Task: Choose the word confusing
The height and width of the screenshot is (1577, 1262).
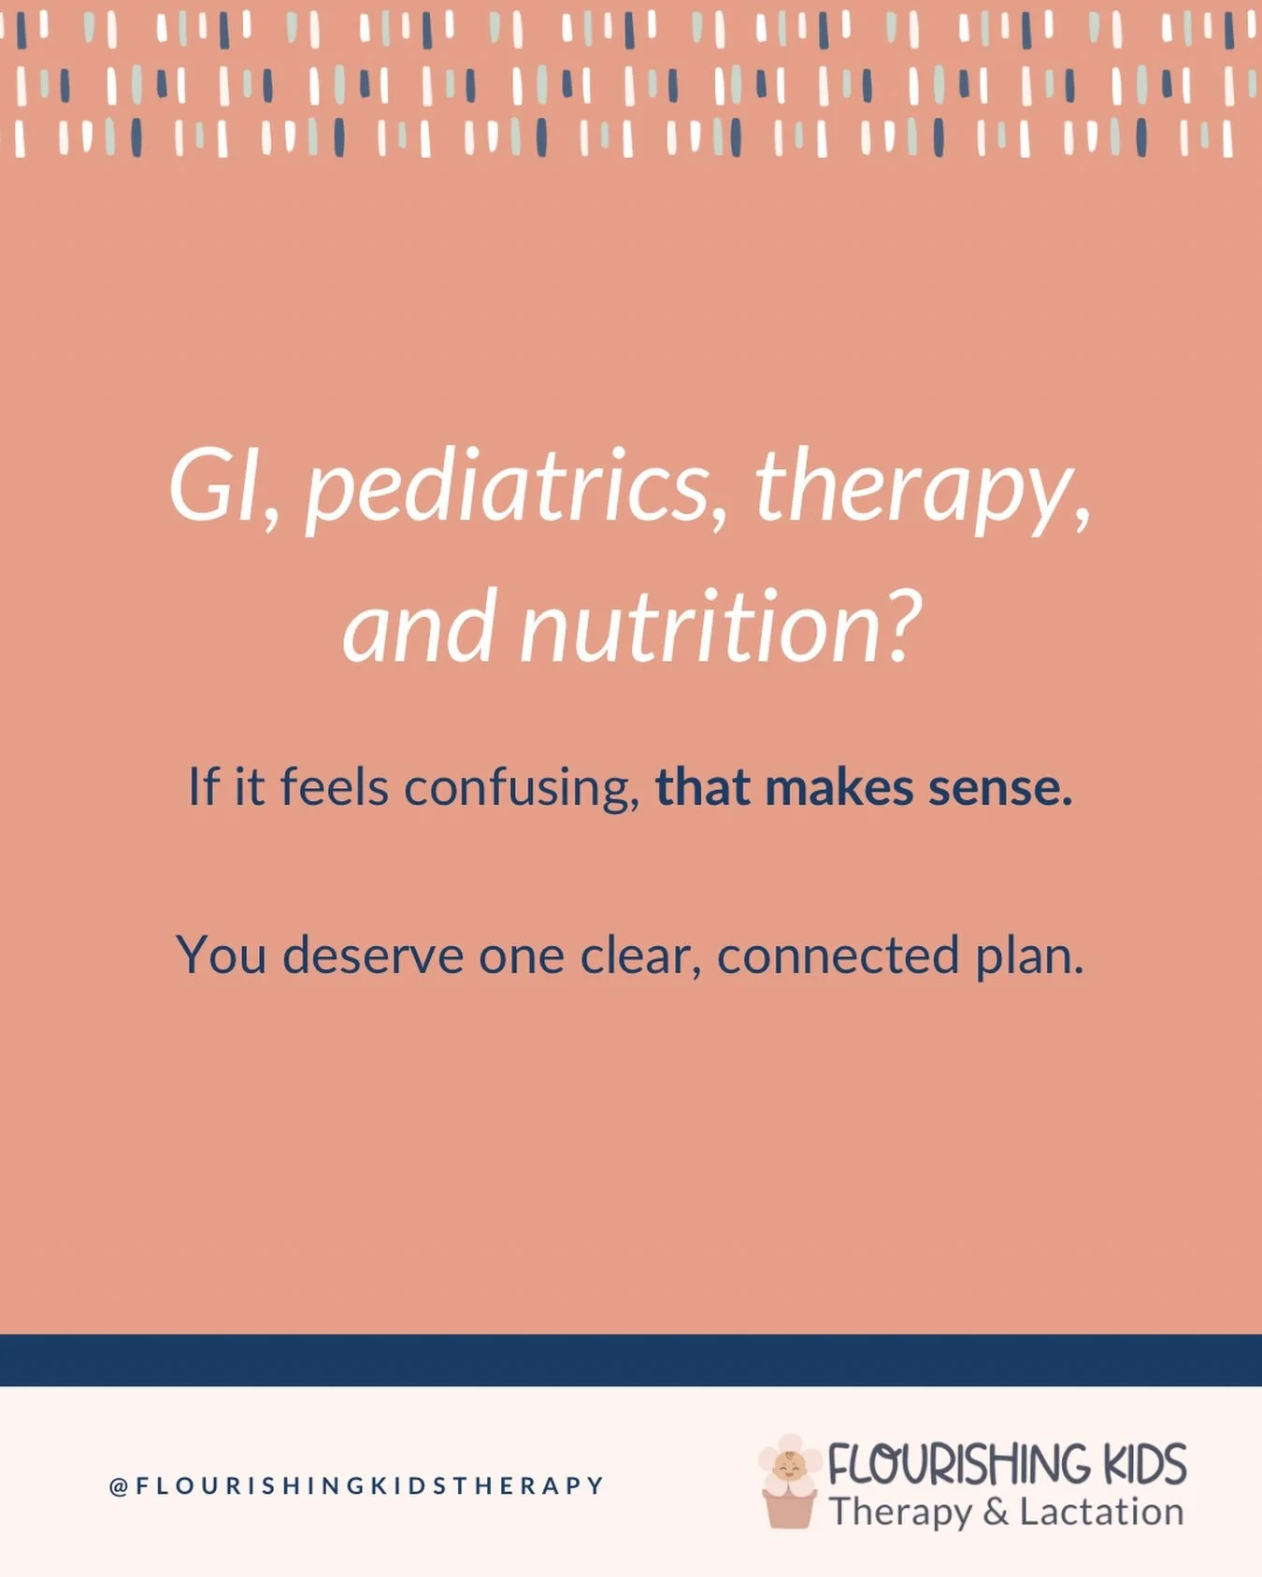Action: [x=520, y=787]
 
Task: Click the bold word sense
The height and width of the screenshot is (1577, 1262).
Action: [x=999, y=787]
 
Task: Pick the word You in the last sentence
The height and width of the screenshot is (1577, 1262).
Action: [x=221, y=955]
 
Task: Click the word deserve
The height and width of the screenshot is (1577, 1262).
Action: [x=373, y=955]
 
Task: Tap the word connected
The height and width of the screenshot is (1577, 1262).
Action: [x=838, y=955]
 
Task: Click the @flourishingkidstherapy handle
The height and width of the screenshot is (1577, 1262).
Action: [x=356, y=1485]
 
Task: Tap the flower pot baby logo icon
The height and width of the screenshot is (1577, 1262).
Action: [x=789, y=1483]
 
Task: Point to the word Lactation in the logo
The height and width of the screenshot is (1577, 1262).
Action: [x=1101, y=1512]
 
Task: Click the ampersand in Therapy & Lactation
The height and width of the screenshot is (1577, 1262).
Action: [x=996, y=1512]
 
